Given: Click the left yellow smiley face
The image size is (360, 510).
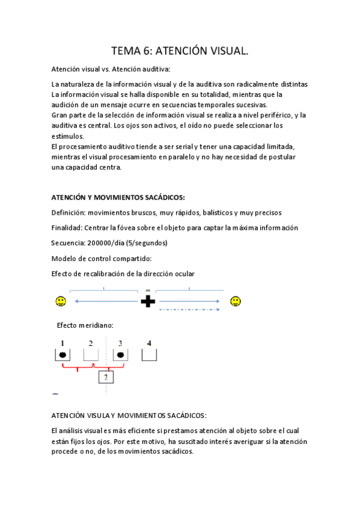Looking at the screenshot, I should pos(60,300).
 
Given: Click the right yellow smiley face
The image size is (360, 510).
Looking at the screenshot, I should pos(236,300).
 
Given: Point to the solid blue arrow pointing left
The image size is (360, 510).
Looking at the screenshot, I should pos(105,301).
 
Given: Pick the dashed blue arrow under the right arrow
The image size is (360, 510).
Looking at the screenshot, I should pos(190,310).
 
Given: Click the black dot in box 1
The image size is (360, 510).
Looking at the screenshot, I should pos(63,355).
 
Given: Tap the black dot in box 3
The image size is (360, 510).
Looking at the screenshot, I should pos(121,355).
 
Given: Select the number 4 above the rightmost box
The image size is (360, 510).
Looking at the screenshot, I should pos(149,343).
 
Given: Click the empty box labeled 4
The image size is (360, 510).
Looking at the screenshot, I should pos(149,355).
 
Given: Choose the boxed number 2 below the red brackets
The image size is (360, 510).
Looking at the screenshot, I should pos(106,377).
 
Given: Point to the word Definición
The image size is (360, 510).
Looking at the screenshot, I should pos(69,212).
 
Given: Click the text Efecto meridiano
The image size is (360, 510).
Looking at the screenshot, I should pos(85,325).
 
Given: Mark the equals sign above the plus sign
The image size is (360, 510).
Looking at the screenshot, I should pos(148,290).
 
